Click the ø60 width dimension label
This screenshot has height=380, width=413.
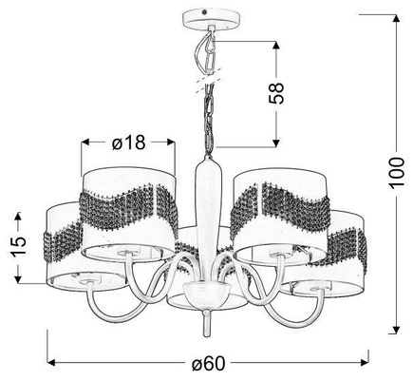point(209,363)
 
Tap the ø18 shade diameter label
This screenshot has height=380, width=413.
point(128,142)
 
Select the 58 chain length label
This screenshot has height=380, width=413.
point(276,93)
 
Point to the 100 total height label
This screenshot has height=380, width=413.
point(397,173)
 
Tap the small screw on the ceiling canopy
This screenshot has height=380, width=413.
point(204,13)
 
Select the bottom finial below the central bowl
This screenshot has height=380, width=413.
point(206,323)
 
